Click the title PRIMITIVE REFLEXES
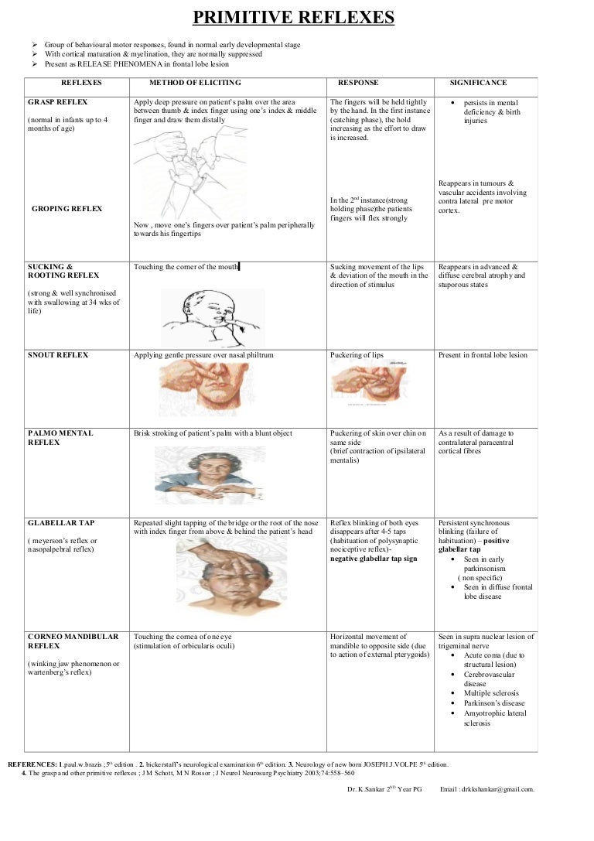293,19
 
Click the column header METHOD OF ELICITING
195,83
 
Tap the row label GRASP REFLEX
57,102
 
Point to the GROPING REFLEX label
67,209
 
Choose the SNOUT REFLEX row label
58,355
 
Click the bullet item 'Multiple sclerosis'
491,693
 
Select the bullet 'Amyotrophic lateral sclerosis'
494,718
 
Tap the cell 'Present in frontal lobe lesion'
483,355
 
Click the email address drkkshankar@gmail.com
498,789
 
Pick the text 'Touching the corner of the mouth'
186,267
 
